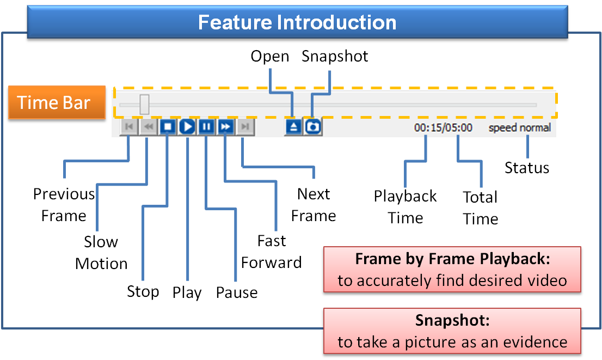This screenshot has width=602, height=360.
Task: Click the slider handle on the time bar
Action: point(144,104)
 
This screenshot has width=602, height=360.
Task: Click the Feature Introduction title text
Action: point(297,22)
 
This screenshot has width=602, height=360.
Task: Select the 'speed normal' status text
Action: point(519,128)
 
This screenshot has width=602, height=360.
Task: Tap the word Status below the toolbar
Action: point(526,168)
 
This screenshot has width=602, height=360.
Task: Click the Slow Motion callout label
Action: point(101,252)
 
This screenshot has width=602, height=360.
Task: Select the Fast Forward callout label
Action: point(271,252)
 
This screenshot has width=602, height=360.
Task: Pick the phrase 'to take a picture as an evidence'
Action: point(452,342)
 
